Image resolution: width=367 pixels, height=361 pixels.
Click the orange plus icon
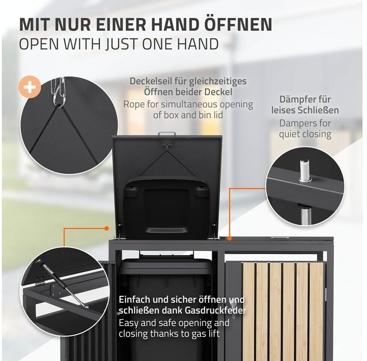pyautogui.click(x=30, y=87)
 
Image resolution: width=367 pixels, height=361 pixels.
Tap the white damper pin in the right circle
pyautogui.click(x=304, y=170)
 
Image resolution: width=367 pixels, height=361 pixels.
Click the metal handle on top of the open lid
pyautogui.click(x=167, y=134)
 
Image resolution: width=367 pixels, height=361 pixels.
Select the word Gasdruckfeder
pyautogui.click(x=216, y=311)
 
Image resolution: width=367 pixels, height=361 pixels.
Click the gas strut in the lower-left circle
pyautogui.click(x=62, y=284)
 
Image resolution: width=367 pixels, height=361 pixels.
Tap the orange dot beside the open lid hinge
pyautogui.click(x=107, y=228)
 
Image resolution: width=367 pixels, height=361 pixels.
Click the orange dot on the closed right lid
pyautogui.click(x=230, y=238)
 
